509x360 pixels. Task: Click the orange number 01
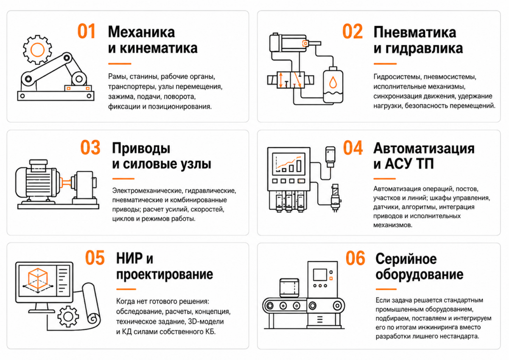pos(86,31)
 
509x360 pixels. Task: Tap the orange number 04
pos(352,148)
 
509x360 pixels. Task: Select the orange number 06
pos(355,258)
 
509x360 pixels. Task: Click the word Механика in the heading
pos(141,32)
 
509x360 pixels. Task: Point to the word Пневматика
pos(415,32)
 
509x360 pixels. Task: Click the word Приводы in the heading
pos(141,149)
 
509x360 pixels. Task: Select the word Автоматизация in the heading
pos(424,148)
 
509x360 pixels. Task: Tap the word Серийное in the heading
pos(406,259)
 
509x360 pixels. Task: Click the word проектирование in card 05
pos(165,275)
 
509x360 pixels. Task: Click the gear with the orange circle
pos(37,50)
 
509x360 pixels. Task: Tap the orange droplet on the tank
pos(333,82)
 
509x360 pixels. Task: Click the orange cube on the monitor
pos(38,278)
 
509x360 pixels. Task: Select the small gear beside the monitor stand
pos(68,316)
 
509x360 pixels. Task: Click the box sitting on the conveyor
pos(289,287)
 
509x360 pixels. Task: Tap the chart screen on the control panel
pos(288,163)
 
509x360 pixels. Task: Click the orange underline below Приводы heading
pos(123,179)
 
